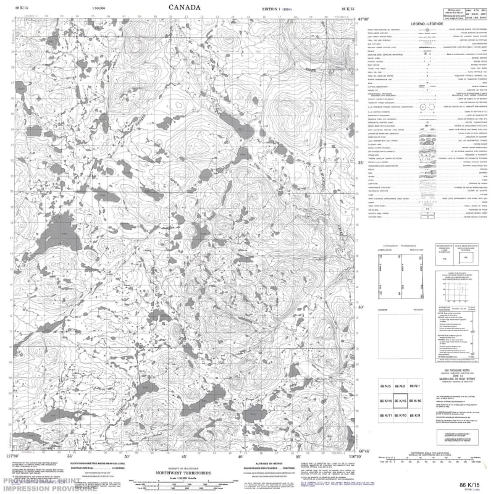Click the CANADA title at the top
184,8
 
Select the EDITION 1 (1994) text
279,9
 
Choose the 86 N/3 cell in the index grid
382,386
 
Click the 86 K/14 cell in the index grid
382,401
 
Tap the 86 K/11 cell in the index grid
382,416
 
